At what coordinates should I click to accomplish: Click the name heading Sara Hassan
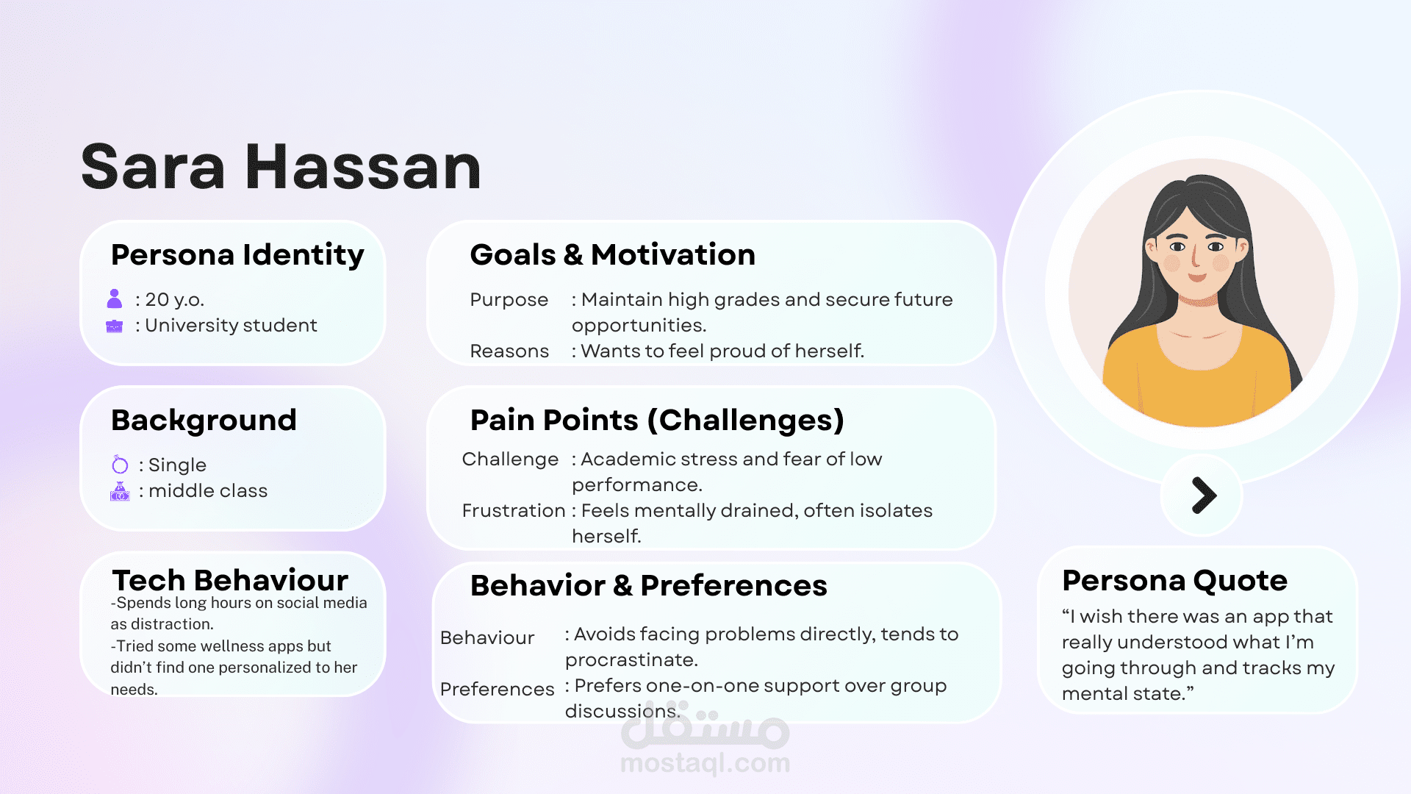[281, 168]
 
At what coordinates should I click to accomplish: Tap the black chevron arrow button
[1204, 495]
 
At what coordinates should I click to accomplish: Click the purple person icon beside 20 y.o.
[115, 298]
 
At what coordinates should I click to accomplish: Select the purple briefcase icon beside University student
[115, 326]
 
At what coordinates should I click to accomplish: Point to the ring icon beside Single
[120, 465]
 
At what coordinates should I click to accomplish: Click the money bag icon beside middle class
[120, 491]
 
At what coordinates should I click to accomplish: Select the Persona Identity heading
[237, 256]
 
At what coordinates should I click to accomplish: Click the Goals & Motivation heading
[613, 255]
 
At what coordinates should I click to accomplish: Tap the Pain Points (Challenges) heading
[657, 421]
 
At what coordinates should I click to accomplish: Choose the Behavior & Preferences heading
[649, 586]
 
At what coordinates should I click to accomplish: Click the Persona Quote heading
[1174, 581]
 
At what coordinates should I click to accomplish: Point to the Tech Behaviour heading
[230, 581]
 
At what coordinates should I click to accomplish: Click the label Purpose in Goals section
[509, 300]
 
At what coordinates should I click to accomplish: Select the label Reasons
[509, 351]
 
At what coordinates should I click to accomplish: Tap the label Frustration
[514, 510]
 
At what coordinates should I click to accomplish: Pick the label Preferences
[498, 690]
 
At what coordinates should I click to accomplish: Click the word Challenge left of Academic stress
[510, 459]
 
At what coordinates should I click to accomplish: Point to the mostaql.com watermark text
[705, 763]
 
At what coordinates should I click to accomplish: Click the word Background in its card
[204, 421]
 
